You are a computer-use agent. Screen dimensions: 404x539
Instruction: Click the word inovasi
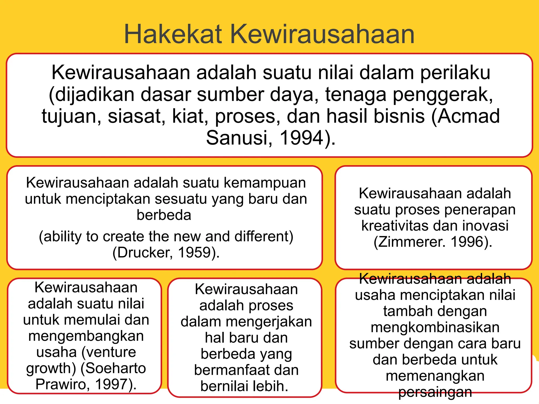tap(485, 226)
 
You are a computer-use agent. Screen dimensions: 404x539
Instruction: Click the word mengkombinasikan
tap(435, 327)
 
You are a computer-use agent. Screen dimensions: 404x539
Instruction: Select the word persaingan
tap(435, 392)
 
